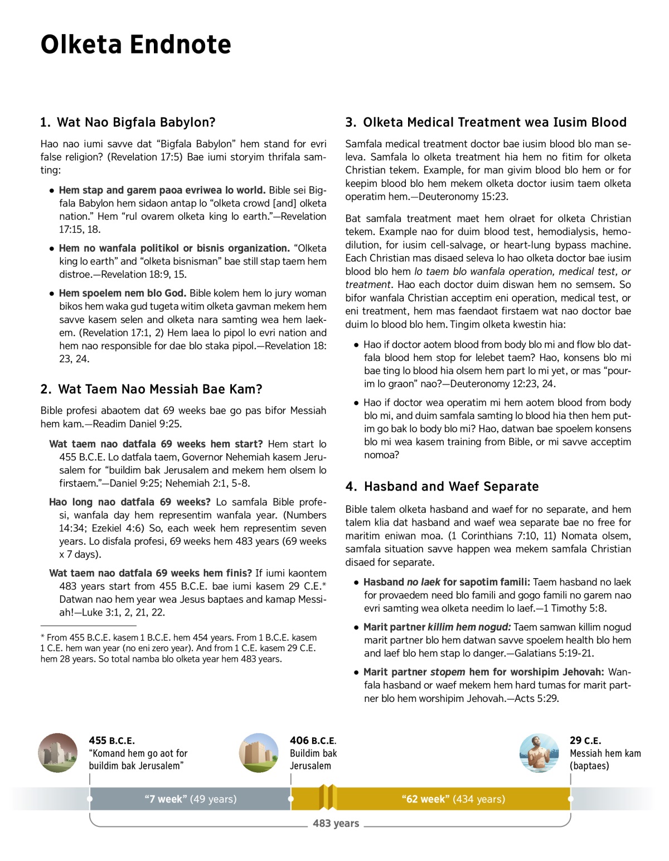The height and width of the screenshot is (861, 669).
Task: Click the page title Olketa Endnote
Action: [x=135, y=45]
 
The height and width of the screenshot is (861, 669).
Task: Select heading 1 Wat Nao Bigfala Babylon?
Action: [x=128, y=122]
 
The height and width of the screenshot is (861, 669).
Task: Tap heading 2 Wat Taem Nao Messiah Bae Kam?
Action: [x=151, y=389]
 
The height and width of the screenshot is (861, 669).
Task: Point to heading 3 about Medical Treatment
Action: [x=486, y=122]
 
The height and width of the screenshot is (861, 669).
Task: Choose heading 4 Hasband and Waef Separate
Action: [x=442, y=487]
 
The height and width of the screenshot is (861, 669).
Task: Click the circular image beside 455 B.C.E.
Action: [x=58, y=753]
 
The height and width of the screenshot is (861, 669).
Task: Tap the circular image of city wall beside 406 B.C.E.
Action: [x=259, y=753]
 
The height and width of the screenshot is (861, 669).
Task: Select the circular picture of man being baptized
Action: [x=539, y=753]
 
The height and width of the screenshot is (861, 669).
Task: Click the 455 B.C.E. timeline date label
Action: [x=111, y=740]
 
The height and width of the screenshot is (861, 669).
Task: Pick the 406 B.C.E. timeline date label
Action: [x=313, y=740]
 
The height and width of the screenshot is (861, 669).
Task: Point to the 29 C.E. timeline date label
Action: [x=585, y=740]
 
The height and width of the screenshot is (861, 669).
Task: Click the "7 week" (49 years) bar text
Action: [x=191, y=799]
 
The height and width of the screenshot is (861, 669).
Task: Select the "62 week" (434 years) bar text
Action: [x=453, y=799]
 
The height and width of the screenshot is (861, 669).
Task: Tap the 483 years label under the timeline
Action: [x=336, y=823]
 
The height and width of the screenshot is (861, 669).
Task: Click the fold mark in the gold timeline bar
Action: [x=328, y=797]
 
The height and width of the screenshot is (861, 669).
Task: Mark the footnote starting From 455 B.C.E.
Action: [x=178, y=648]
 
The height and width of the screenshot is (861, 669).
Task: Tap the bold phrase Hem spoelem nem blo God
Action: [x=123, y=293]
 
